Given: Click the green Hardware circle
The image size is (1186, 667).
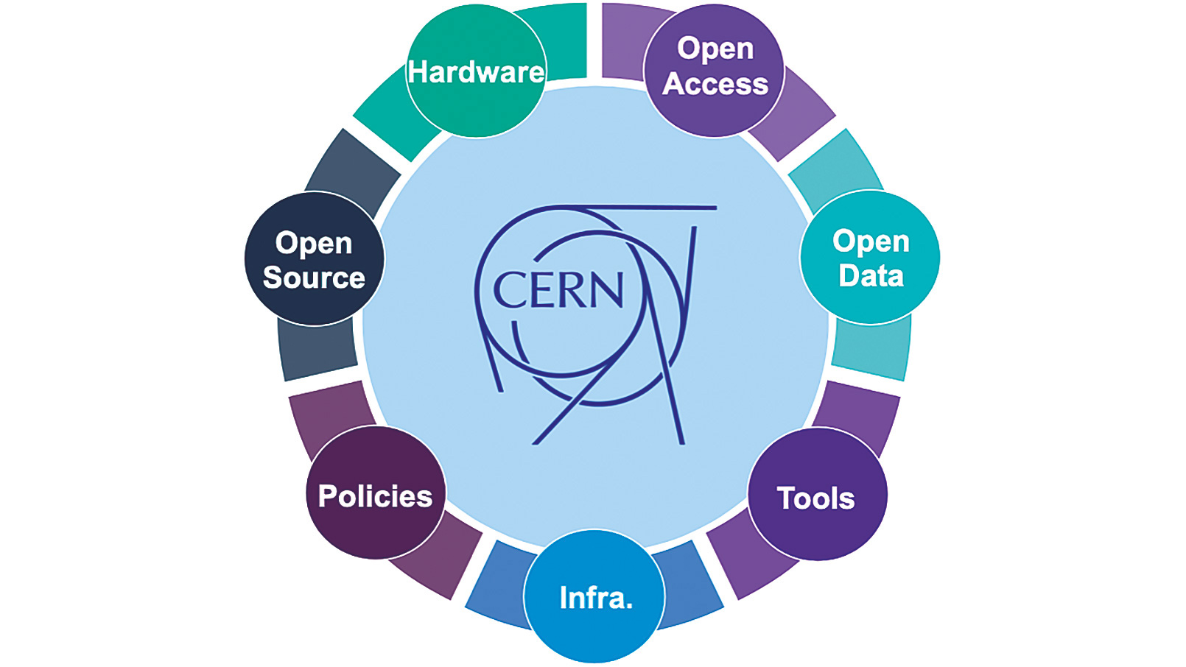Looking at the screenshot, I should pyautogui.click(x=476, y=71).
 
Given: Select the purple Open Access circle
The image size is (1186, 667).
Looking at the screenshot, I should pyautogui.click(x=714, y=68).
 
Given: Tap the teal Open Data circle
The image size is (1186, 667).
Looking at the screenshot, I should pyautogui.click(x=870, y=258).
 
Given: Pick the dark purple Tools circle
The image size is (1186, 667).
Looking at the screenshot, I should pyautogui.click(x=817, y=495).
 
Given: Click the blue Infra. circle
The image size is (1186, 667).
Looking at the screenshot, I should pyautogui.click(x=594, y=596).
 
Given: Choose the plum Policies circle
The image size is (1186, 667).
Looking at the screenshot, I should pyautogui.click(x=375, y=493).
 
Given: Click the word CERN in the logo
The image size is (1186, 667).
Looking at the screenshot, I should pyautogui.click(x=558, y=290).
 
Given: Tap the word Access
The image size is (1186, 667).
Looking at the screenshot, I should pyautogui.click(x=715, y=84).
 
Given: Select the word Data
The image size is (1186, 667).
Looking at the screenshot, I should pyautogui.click(x=871, y=276).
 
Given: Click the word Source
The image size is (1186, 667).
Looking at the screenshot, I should pyautogui.click(x=314, y=278).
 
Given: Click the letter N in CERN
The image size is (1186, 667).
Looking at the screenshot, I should pyautogui.click(x=606, y=290).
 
